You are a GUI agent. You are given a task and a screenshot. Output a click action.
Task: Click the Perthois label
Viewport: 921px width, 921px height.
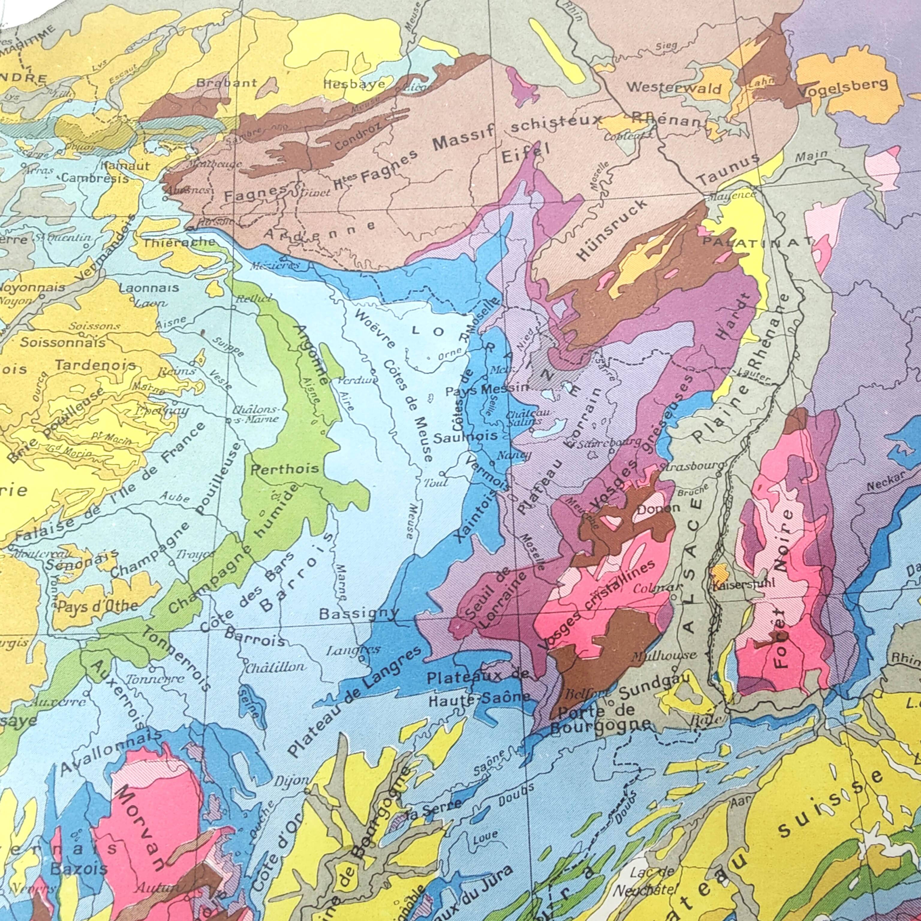tap(285, 469)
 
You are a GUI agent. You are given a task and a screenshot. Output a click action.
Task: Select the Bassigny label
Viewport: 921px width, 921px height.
tap(359, 613)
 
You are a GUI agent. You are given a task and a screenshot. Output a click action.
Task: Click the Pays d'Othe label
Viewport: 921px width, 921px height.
tap(98, 607)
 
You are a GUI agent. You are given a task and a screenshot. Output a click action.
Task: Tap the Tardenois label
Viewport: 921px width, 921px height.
tap(95, 366)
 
